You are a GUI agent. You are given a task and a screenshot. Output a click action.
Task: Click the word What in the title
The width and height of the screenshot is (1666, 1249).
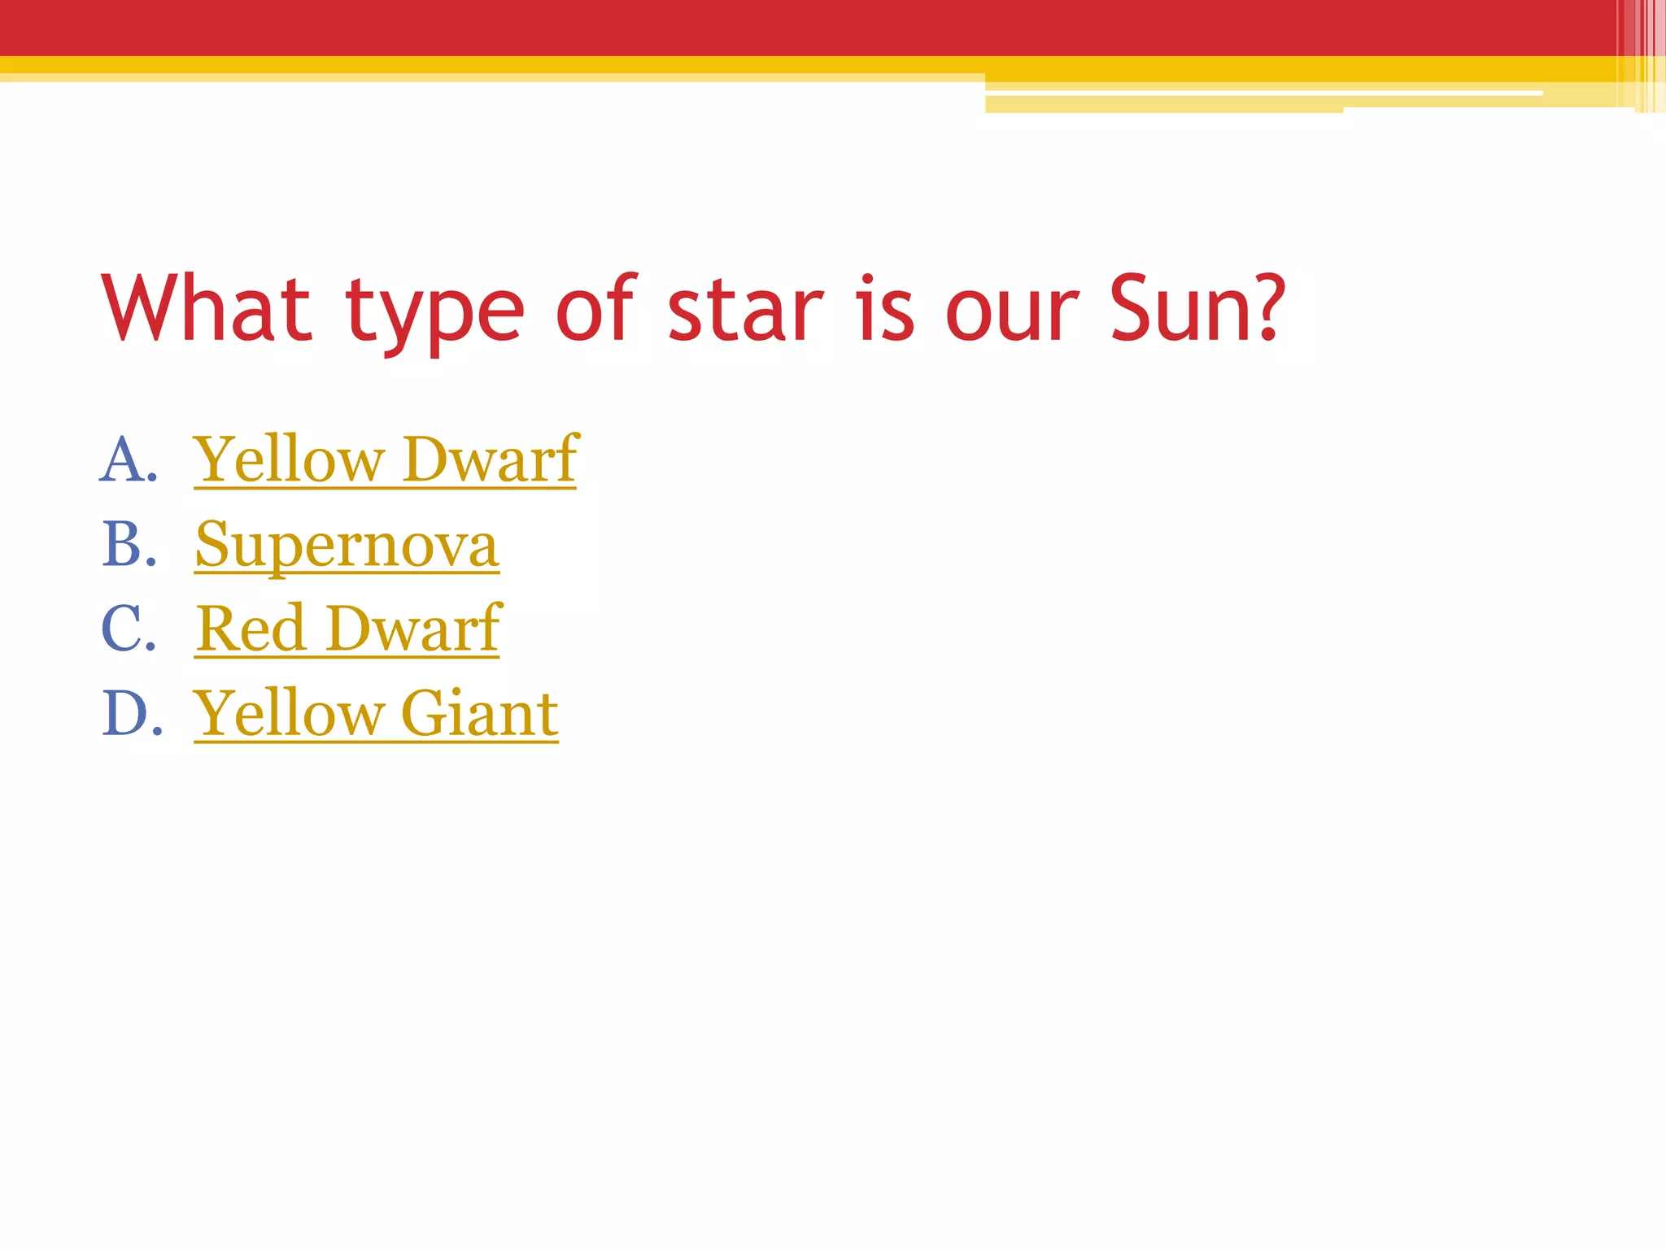[207, 309]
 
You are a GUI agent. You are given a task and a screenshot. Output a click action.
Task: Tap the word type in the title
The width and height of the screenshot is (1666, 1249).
[434, 313]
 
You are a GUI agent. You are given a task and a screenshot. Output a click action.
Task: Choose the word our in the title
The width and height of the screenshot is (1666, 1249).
[1012, 313]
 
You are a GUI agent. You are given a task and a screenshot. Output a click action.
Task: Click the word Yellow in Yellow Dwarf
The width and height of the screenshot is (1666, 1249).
[289, 460]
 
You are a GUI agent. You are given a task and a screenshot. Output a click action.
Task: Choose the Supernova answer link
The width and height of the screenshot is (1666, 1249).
[347, 546]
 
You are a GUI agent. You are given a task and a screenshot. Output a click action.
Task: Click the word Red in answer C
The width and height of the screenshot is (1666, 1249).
[251, 629]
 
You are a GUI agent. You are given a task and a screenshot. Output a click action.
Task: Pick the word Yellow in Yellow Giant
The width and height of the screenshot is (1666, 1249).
[289, 713]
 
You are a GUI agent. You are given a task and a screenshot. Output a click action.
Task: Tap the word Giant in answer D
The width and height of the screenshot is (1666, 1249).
[479, 712]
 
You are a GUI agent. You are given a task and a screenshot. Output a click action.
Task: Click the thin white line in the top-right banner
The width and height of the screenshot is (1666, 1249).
[1261, 94]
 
